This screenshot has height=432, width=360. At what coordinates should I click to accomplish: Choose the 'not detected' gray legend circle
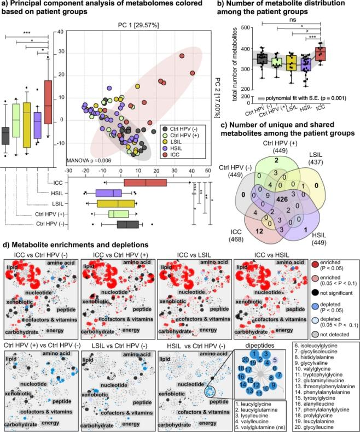click(316, 320)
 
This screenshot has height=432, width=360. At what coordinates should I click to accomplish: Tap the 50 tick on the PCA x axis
click(208, 170)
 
